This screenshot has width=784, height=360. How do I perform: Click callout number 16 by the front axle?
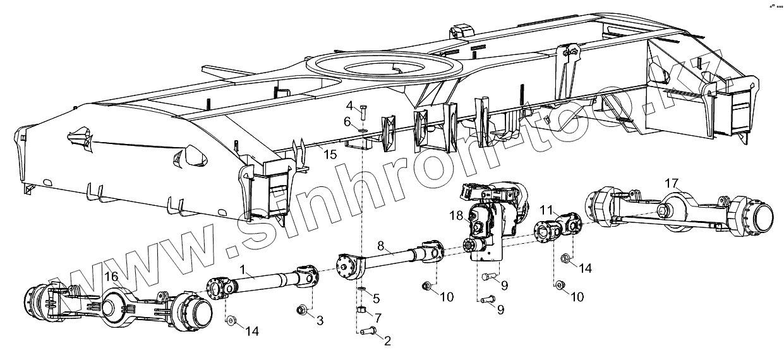coord(111,276)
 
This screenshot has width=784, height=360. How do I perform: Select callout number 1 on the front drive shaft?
coord(242,268)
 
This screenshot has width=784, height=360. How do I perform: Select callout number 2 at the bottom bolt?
coord(387,342)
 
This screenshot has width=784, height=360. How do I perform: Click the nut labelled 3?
coord(302,309)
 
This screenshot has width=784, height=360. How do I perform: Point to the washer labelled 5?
coord(361,289)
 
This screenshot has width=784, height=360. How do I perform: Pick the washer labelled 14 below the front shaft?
coord(231,321)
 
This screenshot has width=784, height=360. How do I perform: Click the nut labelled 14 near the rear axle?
coord(565,258)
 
